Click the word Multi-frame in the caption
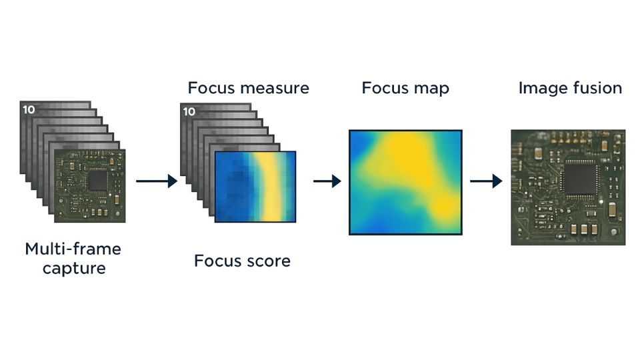(x=73, y=249)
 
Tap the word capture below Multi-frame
(x=74, y=269)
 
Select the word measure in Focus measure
(x=275, y=88)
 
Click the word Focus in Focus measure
(x=211, y=88)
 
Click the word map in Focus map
(x=431, y=89)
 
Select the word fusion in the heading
(x=595, y=88)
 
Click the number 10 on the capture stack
(x=29, y=109)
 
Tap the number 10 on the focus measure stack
(x=189, y=111)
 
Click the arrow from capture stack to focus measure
(x=157, y=181)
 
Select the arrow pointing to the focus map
(x=327, y=181)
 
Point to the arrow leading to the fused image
(x=486, y=181)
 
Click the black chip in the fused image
(x=579, y=178)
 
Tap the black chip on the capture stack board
(x=97, y=181)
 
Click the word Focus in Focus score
(x=218, y=261)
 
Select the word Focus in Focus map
(x=385, y=88)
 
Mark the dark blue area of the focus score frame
(x=233, y=187)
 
